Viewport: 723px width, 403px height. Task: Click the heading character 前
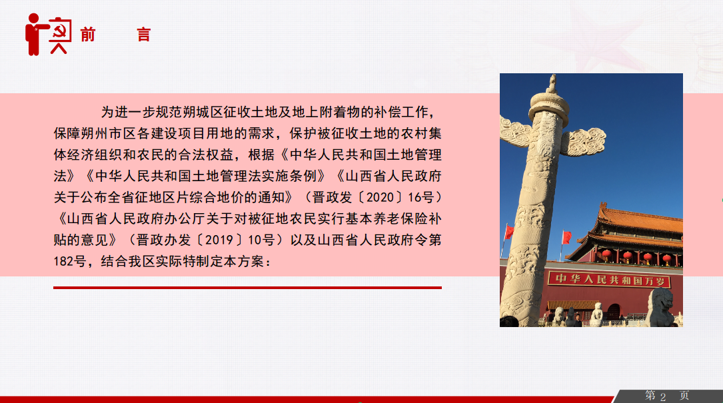[87, 35]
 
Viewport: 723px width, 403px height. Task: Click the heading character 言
[144, 35]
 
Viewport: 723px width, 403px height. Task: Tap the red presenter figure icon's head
[34, 19]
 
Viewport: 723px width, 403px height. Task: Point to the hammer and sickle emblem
[61, 31]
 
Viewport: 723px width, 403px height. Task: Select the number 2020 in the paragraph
[380, 197]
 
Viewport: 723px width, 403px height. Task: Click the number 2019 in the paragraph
[219, 240]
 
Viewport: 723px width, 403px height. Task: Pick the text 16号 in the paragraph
[421, 197]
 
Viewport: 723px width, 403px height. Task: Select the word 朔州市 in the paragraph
[101, 133]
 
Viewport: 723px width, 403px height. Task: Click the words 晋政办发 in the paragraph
[163, 240]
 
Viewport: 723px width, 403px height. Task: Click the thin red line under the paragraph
[247, 288]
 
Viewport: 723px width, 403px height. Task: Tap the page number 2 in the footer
[662, 397]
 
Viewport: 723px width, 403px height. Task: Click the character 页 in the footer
[684, 396]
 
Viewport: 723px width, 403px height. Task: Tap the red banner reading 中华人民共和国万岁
[608, 280]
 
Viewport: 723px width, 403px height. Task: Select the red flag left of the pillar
[508, 231]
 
